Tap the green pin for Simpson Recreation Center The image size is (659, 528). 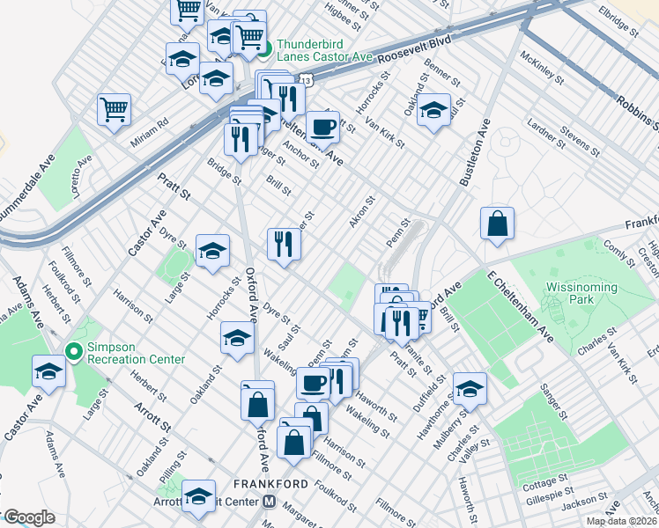[x=76, y=352]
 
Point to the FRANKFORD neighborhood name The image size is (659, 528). [x=270, y=484]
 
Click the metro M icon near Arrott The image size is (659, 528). [x=270, y=502]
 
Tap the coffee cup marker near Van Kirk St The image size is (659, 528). [x=322, y=126]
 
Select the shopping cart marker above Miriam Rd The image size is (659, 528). [x=114, y=110]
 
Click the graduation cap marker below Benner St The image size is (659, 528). [x=433, y=111]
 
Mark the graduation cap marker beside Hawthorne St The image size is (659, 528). [x=470, y=388]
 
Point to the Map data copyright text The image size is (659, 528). [x=622, y=521]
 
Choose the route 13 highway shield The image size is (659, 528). [x=305, y=79]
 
